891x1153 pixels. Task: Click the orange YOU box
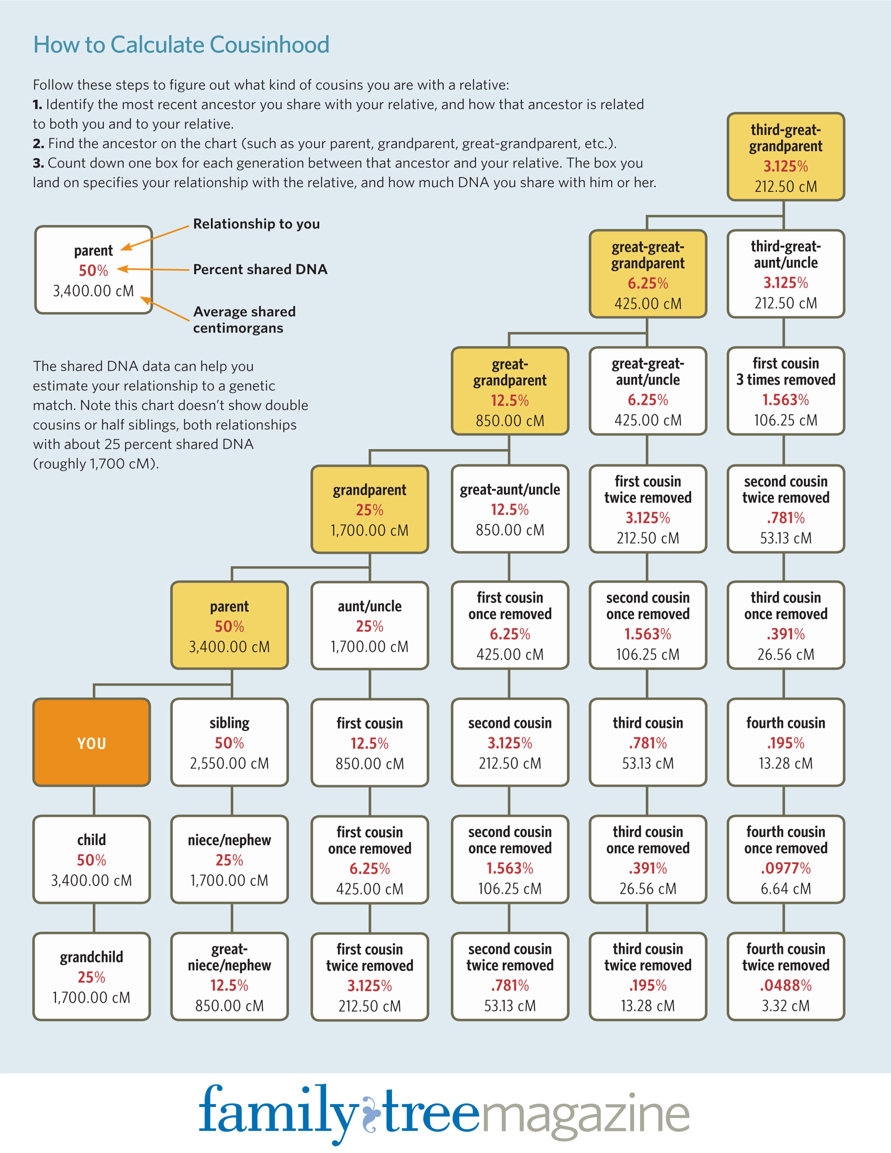(92, 742)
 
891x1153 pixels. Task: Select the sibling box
(230, 742)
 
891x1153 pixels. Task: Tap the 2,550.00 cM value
(230, 763)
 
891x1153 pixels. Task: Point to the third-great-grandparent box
(786, 157)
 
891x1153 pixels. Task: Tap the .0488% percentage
(786, 986)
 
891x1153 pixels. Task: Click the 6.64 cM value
(786, 889)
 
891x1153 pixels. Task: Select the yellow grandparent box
(370, 509)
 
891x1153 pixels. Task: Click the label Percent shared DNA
(260, 269)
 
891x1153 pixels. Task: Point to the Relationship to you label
(256, 224)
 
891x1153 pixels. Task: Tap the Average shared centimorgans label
(244, 320)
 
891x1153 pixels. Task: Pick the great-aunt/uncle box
(510, 509)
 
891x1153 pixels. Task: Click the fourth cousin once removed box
(786, 860)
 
